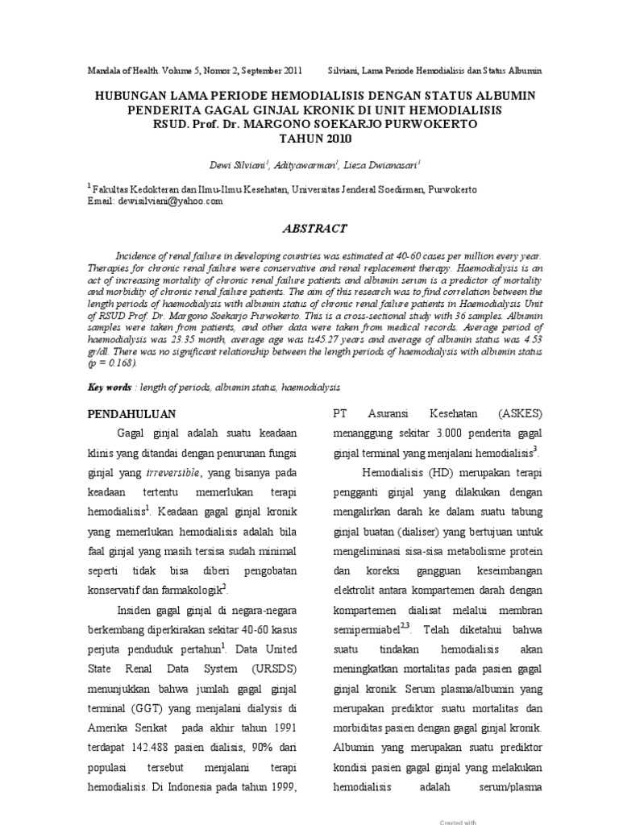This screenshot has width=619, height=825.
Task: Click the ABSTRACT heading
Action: click(x=309, y=229)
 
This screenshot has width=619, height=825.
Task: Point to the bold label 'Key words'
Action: click(x=110, y=388)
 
